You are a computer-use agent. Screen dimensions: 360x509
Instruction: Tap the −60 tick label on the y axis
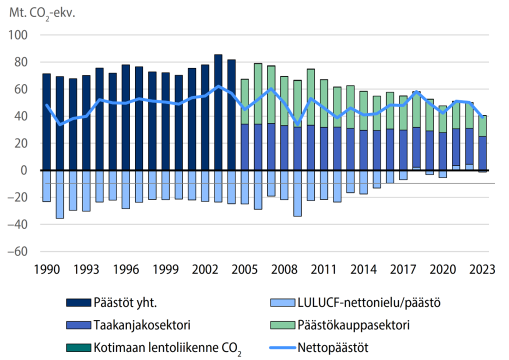point(18,251)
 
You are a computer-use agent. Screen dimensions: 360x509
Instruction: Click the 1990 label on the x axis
point(46,268)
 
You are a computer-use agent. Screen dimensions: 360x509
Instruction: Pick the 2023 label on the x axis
point(482,268)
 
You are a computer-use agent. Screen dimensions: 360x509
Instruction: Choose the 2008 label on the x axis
point(284,268)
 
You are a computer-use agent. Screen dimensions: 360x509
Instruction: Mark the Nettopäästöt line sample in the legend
point(281,346)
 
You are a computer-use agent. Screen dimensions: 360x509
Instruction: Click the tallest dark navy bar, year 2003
point(218,112)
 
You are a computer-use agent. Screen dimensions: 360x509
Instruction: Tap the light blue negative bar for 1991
point(59,194)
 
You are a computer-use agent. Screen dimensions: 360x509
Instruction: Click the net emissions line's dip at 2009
point(297,124)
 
